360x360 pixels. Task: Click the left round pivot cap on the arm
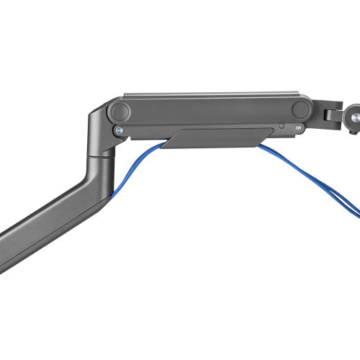click(120, 112)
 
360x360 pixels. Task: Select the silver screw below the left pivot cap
click(118, 131)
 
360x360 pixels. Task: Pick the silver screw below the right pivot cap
click(298, 127)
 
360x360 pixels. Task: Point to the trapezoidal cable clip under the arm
click(216, 138)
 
